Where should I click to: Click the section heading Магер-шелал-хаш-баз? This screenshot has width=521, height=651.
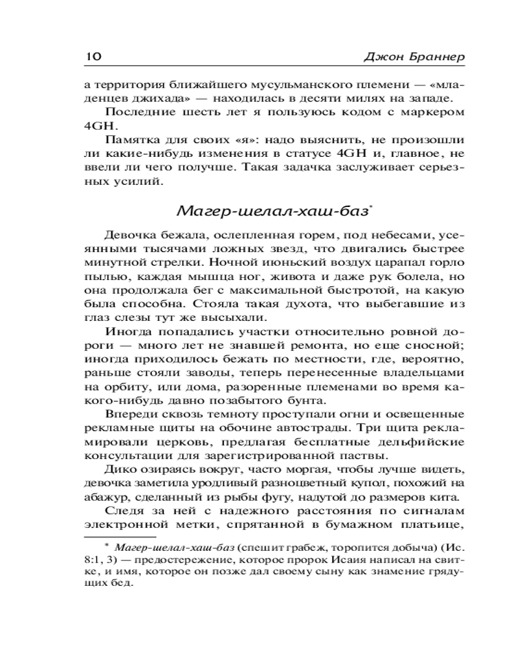pyautogui.click(x=273, y=211)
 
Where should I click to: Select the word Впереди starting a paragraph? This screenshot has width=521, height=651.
pyautogui.click(x=128, y=414)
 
